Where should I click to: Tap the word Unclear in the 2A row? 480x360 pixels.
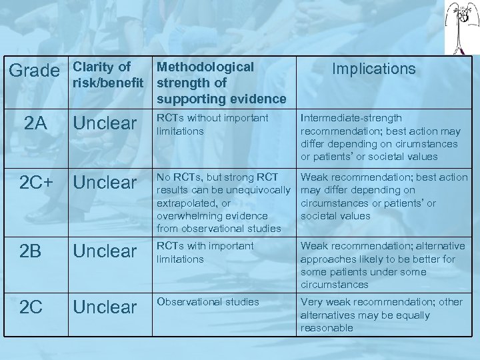pyautogui.click(x=105, y=123)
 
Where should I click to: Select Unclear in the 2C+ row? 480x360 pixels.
pyautogui.click(x=105, y=183)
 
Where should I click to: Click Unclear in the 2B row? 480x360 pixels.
pyautogui.click(x=105, y=251)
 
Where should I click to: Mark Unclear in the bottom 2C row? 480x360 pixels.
pyautogui.click(x=105, y=307)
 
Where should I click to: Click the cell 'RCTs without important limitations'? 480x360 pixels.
pyautogui.click(x=212, y=125)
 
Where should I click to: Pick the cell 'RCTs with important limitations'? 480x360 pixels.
pyautogui.click(x=205, y=252)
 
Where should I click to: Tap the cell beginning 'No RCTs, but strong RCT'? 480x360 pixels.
pyautogui.click(x=223, y=203)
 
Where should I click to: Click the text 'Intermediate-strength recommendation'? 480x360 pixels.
pyautogui.click(x=379, y=137)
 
